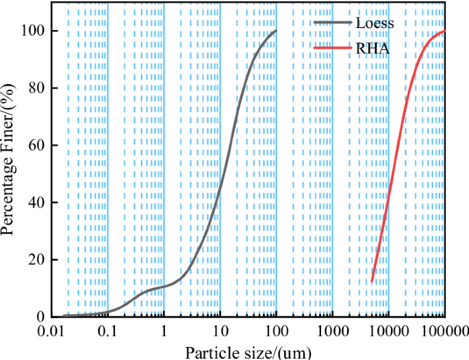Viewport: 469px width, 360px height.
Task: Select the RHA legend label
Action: click(x=372, y=48)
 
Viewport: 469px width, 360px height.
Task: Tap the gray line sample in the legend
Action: click(x=333, y=23)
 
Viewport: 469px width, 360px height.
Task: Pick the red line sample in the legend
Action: click(x=333, y=48)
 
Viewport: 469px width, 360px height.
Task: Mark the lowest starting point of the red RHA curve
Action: click(x=372, y=281)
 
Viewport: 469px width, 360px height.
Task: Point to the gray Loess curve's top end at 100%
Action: click(x=276, y=31)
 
